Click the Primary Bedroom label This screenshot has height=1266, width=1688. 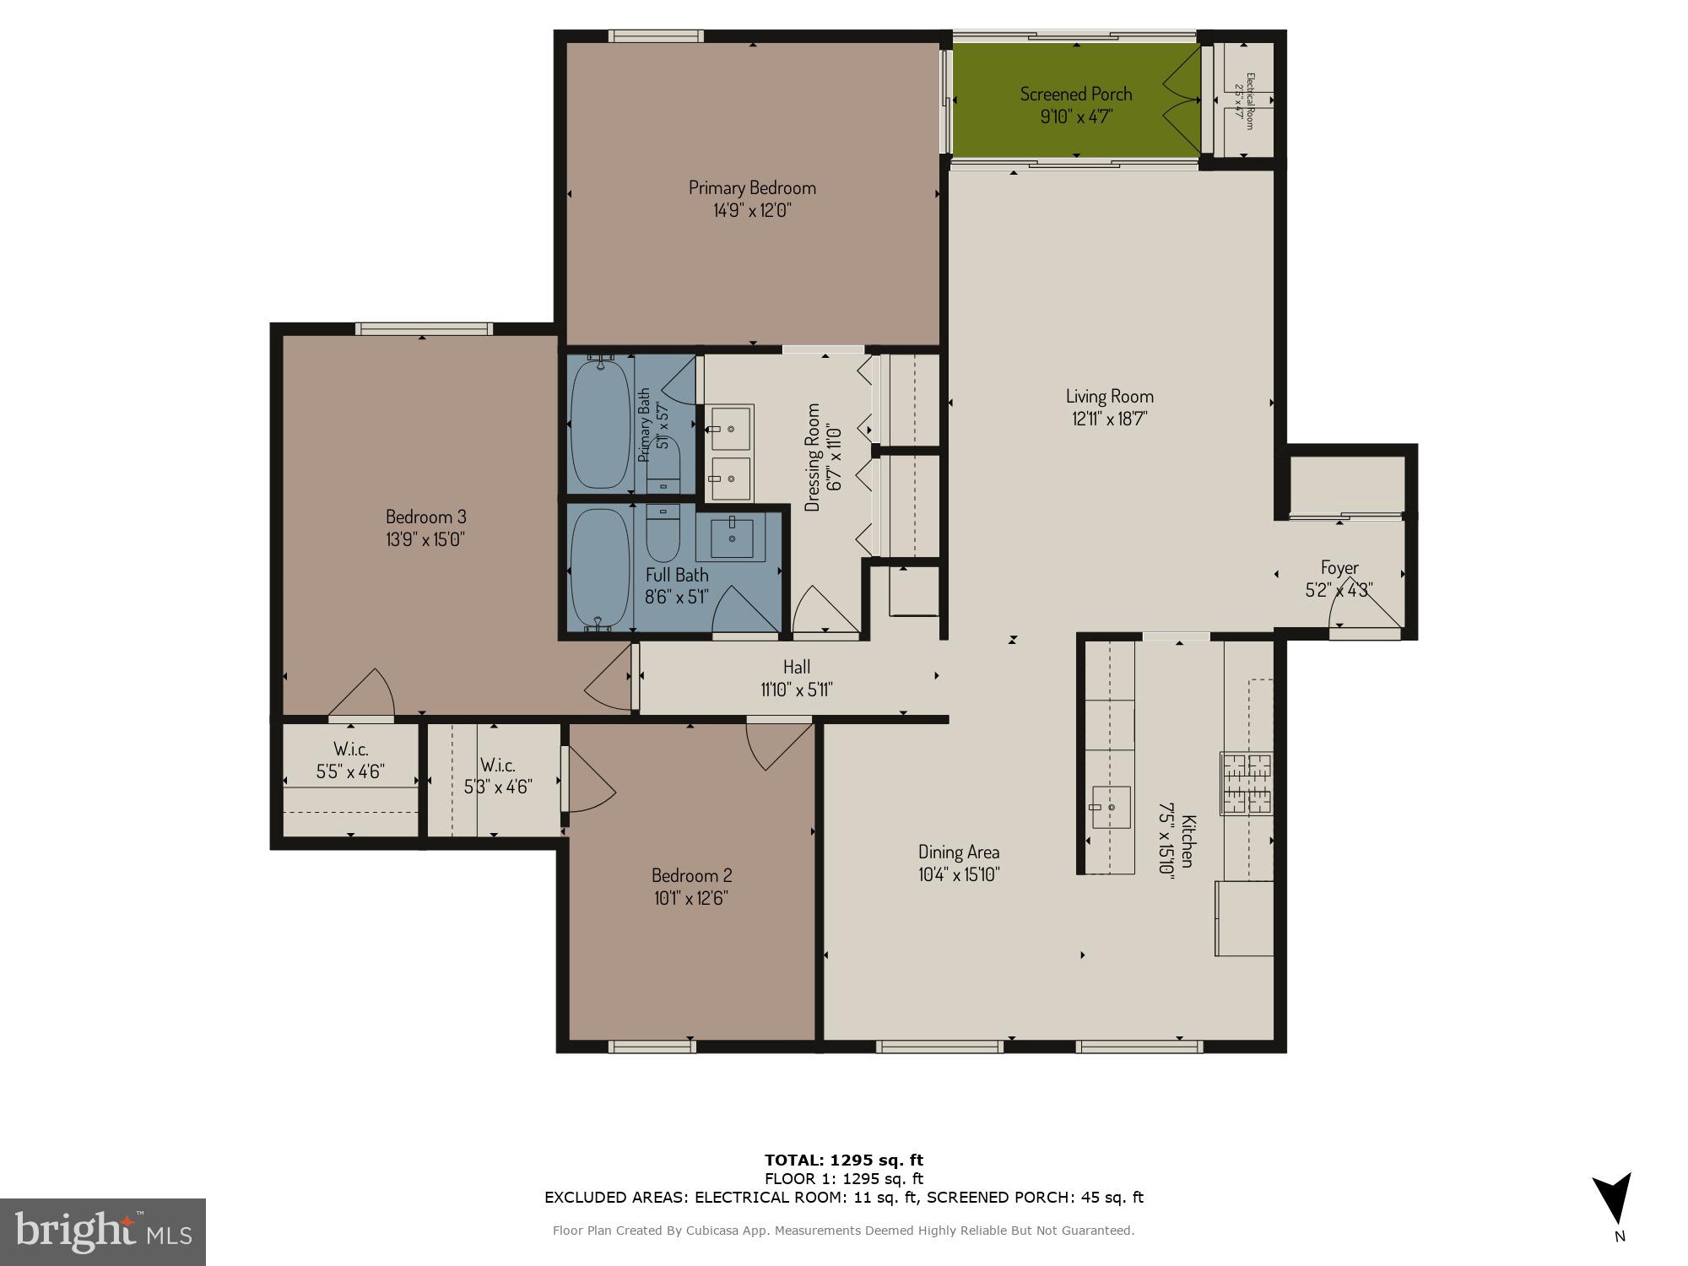[x=752, y=187]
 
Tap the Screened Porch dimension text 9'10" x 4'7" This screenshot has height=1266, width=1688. [x=1076, y=116]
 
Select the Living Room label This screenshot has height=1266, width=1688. [x=1109, y=396]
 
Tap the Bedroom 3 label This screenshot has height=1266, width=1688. [x=425, y=517]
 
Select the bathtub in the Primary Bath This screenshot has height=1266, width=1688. [x=600, y=425]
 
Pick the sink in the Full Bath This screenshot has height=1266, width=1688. [x=732, y=538]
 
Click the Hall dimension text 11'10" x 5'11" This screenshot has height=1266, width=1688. [x=796, y=690]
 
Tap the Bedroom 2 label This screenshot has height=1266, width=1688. [x=691, y=875]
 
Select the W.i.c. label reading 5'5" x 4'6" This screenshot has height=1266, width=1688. [x=350, y=760]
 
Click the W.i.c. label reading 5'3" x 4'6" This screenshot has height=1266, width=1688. [x=498, y=776]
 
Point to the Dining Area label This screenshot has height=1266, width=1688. [x=959, y=852]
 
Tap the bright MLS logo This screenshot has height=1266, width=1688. [x=103, y=1231]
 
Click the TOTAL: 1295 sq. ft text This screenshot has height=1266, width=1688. [x=843, y=1160]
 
